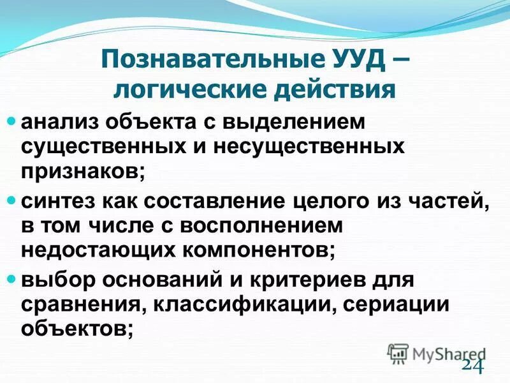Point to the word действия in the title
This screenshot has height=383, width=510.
[x=337, y=89]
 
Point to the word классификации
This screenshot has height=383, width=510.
[x=240, y=304]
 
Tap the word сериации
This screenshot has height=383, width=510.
[x=396, y=304]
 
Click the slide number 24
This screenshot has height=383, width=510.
[x=472, y=364]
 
